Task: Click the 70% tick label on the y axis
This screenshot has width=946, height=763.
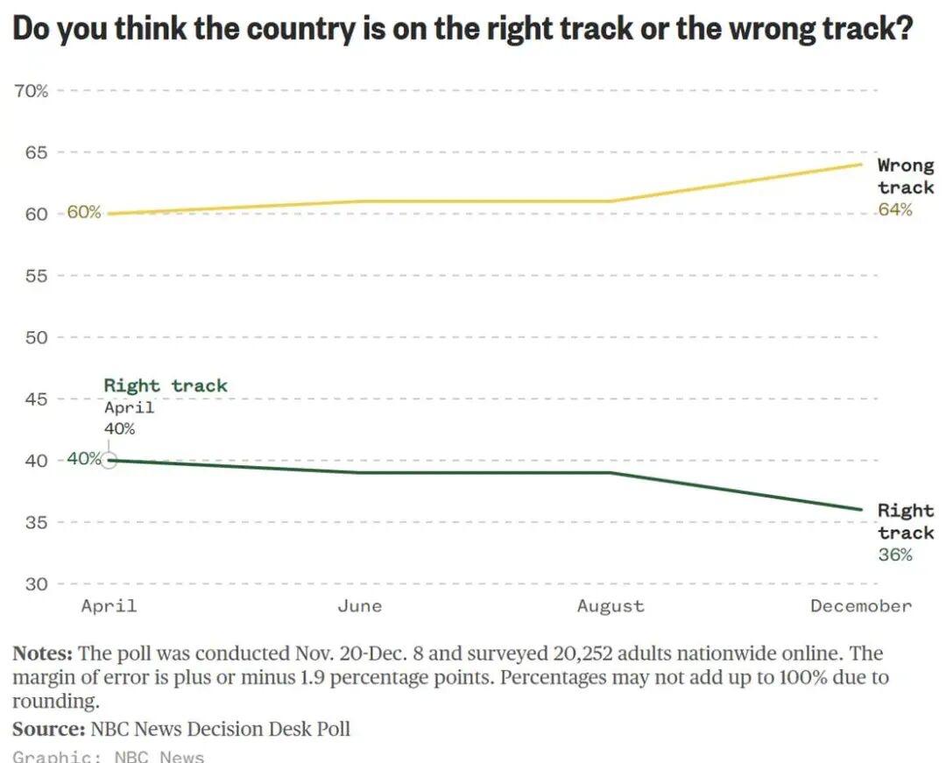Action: pyautogui.click(x=31, y=91)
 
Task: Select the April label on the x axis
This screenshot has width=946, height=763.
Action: pyautogui.click(x=109, y=606)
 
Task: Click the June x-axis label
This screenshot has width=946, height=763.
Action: pyautogui.click(x=359, y=606)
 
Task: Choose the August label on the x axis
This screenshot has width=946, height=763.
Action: pyautogui.click(x=611, y=606)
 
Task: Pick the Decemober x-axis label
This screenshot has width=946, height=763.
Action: pyautogui.click(x=860, y=606)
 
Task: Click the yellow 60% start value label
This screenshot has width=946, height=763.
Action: pyautogui.click(x=84, y=213)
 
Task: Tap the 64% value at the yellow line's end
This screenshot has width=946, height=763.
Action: pyautogui.click(x=895, y=209)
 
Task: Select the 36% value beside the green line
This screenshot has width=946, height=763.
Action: pyautogui.click(x=895, y=555)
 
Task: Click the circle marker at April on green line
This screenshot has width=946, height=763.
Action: pyautogui.click(x=109, y=460)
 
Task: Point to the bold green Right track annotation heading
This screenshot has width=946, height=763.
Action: pyautogui.click(x=166, y=385)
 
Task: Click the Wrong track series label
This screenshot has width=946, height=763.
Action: pyautogui.click(x=906, y=176)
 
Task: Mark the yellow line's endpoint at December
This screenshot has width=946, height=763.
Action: pyautogui.click(x=861, y=164)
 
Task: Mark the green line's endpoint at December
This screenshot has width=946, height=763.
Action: pyautogui.click(x=861, y=509)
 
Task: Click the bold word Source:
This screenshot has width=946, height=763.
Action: pyautogui.click(x=48, y=729)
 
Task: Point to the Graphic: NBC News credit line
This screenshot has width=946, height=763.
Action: pyautogui.click(x=109, y=756)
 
